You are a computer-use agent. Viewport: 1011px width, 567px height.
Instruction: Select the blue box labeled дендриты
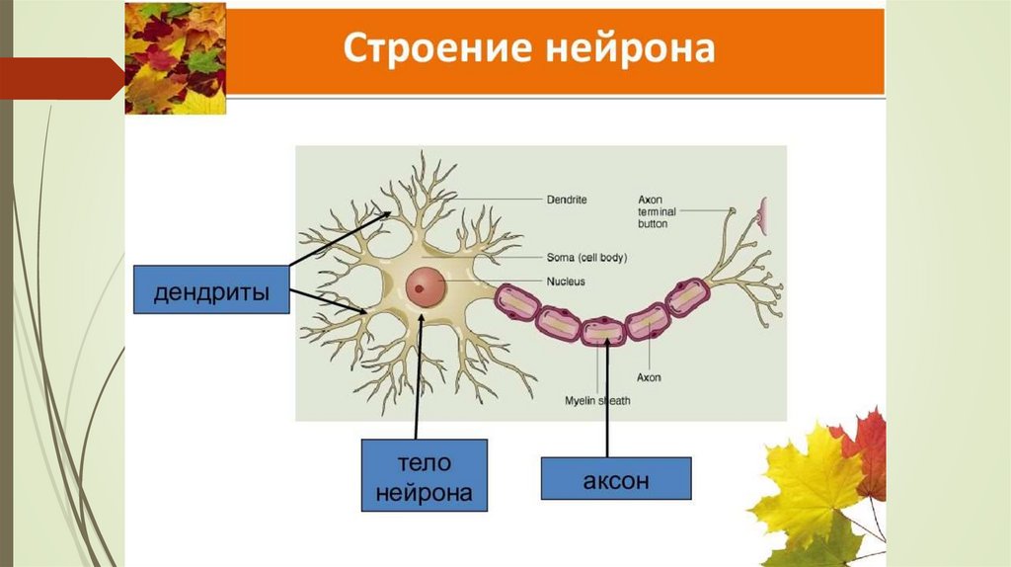point(211,294)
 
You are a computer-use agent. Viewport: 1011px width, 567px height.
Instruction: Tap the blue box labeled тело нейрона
point(425,475)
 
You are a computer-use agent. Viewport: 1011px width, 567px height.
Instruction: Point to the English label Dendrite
point(566,200)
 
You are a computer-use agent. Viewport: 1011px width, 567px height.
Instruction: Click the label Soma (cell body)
point(586,258)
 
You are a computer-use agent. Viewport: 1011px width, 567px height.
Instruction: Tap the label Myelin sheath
point(596,400)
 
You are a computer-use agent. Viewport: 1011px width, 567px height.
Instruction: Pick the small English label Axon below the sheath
point(648,376)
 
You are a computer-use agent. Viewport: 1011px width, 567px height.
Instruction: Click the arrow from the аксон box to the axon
point(607,395)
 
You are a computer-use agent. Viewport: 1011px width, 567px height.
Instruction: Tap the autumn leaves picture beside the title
point(176,58)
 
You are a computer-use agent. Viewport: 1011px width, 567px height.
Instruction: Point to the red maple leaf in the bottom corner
point(865,449)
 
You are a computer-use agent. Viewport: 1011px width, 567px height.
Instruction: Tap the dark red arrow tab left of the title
point(59,77)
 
